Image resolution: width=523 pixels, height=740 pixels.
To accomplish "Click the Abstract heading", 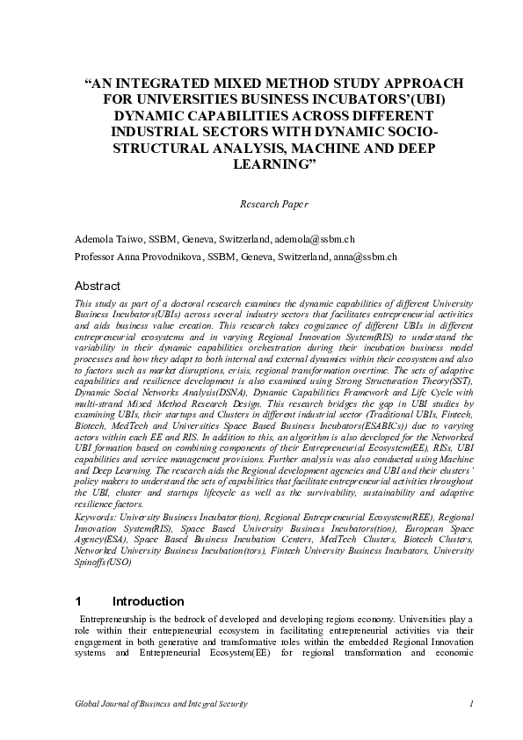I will tap(98, 287).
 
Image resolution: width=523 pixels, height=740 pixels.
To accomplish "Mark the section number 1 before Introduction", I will tap(78, 602).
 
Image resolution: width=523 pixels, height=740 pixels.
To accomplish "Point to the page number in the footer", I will tap(471, 704).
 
